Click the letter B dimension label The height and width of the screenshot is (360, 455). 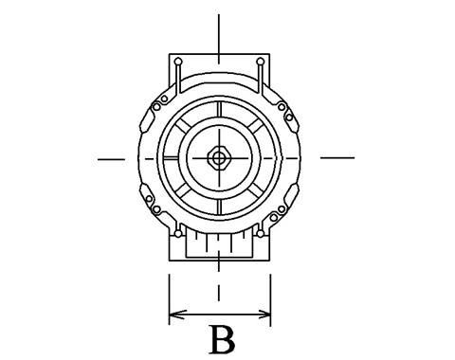point(223,340)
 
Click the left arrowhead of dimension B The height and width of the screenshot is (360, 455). point(176,315)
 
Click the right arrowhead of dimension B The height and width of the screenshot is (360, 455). point(264,315)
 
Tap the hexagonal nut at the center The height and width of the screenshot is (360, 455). point(218,157)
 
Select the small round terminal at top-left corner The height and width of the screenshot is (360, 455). point(178,61)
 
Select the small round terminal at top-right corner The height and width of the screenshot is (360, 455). point(260,61)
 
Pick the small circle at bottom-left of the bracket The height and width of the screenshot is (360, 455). point(178,233)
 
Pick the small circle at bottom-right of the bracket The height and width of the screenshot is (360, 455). point(260,233)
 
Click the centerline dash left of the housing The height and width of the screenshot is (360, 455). point(111,159)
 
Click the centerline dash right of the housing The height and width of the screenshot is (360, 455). point(337,157)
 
